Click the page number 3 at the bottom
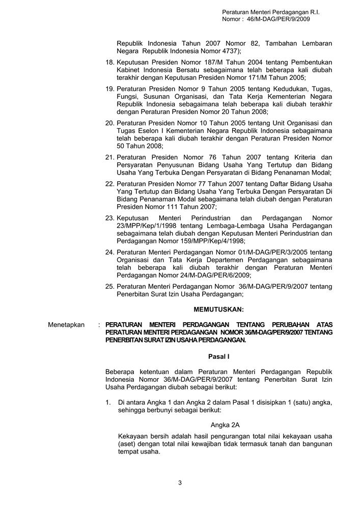tap(180, 483)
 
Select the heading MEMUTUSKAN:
tap(219, 309)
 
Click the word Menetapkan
tap(66, 325)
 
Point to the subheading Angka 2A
tap(225, 425)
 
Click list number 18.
tap(109, 62)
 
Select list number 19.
tap(109, 89)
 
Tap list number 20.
tap(109, 123)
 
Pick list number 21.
tap(109, 157)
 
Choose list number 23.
tap(109, 218)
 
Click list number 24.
tap(109, 252)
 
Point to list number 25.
tap(109, 286)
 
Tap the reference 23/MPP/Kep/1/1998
tap(147, 225)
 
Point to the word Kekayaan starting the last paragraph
tap(131, 436)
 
